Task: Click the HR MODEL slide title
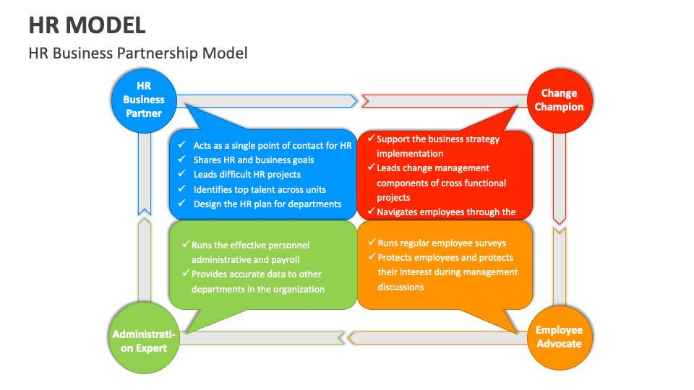pos(87,25)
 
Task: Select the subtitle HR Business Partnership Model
pos(138,53)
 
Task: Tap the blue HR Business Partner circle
pos(143,100)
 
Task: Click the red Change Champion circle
pos(559,100)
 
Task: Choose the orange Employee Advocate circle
pos(559,337)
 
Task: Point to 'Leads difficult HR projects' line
pos(247,174)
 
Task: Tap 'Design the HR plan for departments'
pos(267,204)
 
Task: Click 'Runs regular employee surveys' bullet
pos(442,243)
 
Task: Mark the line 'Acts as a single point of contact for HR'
pos(272,145)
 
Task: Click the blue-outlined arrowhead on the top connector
pos(352,100)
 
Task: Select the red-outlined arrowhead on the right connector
pos(559,217)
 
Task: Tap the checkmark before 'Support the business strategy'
pos(370,139)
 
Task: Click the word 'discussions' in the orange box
pos(400,287)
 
